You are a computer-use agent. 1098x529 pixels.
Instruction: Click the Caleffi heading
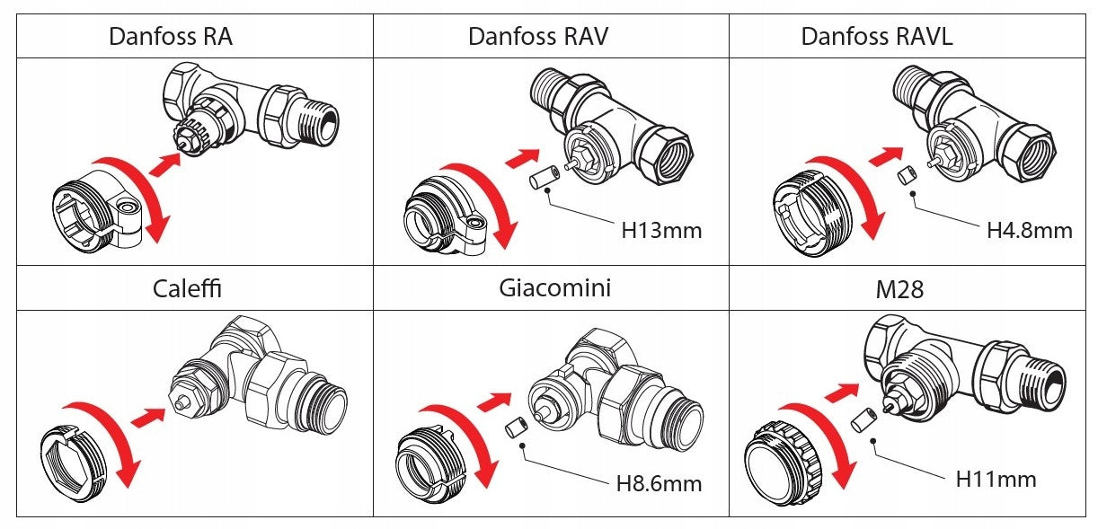pos(187,288)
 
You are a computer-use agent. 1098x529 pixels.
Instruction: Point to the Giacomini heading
pos(554,288)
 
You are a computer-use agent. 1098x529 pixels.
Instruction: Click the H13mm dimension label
pos(661,231)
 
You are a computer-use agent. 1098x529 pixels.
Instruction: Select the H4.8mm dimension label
pos(1029,231)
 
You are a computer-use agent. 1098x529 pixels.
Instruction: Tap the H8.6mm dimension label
pos(659,484)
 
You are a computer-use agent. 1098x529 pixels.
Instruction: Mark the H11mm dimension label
pos(996,479)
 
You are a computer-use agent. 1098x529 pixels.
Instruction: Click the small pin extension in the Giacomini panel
pos(516,428)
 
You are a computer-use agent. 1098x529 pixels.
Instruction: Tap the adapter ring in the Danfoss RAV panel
pos(438,212)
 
